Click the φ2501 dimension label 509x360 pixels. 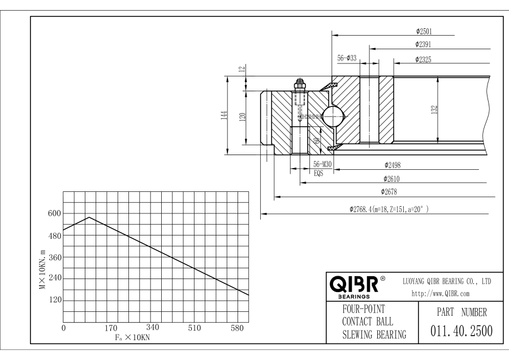pos(424,31)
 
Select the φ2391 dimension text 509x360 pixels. pos(424,44)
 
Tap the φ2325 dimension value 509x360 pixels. pos(424,58)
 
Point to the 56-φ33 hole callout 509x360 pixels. pos(347,58)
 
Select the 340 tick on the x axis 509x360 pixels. pos(152,328)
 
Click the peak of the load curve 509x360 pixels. pos(89,217)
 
